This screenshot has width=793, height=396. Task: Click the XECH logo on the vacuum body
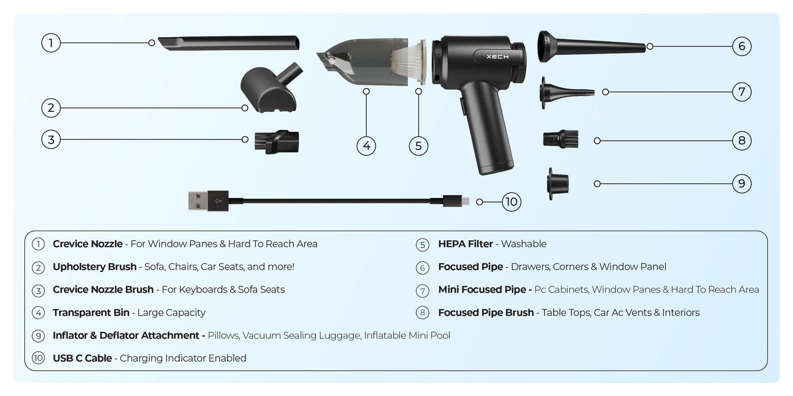pos(497,56)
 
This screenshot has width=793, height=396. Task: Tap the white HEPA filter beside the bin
pos(409,62)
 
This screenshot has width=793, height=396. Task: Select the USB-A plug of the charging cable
pos(208,201)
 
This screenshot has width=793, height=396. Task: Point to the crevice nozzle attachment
pos(229,43)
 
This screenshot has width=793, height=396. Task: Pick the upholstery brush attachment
pos(271,88)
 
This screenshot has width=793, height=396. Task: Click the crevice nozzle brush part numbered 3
pos(277,142)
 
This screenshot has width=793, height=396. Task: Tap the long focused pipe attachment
pos(591,46)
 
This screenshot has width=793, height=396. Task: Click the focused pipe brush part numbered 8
pos(561,139)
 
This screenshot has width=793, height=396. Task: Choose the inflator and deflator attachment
pos(558,184)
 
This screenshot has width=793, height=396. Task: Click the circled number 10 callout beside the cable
pos(512,202)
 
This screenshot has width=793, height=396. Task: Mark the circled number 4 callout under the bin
pos(366,146)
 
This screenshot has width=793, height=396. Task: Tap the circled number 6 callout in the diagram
pos(742,46)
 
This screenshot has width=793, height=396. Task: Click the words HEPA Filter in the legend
pos(465,244)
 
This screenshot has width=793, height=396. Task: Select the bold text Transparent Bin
pos(91,313)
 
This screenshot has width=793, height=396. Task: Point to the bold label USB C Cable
pos(82,358)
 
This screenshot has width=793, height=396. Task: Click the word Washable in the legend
pos(523,244)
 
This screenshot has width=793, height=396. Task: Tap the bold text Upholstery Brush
pos(95,267)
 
